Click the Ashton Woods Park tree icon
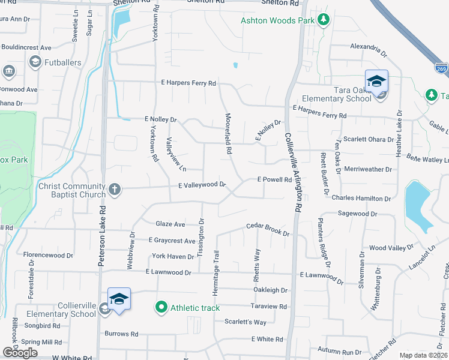tap(324, 20)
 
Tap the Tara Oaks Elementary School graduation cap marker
tap(376, 81)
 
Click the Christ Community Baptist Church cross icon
tap(114, 190)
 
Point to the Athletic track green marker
tap(161, 308)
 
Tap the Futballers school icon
tap(35, 61)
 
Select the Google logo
tap(20, 353)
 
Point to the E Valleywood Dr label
tap(201, 185)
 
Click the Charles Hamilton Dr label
tap(360, 197)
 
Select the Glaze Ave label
tap(170, 224)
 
